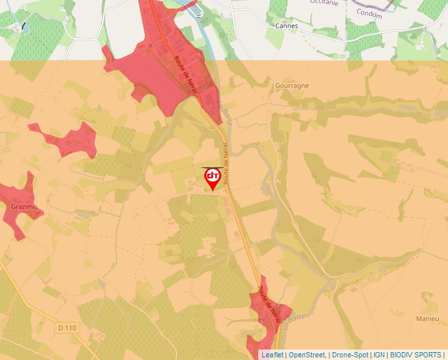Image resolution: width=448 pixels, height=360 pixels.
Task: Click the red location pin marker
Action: pos(213,178)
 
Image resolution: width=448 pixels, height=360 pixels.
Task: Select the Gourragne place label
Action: pos(293,86)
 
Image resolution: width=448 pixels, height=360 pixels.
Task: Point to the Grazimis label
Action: pos(24,207)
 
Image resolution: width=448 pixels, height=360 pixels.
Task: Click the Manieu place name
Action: pos(428,319)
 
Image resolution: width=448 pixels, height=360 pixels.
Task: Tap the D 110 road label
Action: pos(67,327)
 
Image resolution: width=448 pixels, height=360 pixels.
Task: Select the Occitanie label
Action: pos(324,2)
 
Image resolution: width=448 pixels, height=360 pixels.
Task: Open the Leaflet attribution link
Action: pos(272,355)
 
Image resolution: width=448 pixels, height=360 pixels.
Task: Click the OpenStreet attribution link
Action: pos(307,355)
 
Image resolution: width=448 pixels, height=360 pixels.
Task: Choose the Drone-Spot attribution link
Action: pos(350,355)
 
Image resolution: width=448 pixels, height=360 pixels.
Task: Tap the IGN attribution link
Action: pos(379,355)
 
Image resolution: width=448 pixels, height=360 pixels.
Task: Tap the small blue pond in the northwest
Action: pos(24,28)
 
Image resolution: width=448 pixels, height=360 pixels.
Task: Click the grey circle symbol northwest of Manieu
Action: pos(382,270)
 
